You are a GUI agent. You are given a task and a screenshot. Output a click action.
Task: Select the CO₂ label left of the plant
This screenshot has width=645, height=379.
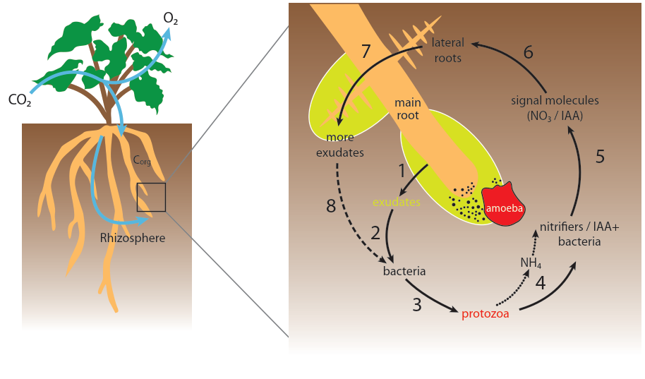coord(20,100)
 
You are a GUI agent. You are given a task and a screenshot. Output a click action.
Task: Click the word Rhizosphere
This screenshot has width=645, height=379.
coord(133,238)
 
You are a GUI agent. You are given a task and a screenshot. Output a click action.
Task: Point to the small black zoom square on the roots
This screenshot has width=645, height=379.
coord(151,197)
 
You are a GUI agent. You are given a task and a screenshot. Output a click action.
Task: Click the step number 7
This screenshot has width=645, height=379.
coord(366,52)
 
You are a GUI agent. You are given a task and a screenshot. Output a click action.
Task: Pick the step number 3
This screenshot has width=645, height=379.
coord(417,304)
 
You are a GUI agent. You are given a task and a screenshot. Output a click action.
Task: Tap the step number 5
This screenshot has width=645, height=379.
coord(600,156)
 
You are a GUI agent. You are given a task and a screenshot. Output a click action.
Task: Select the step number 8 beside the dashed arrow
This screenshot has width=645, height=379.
coord(331,206)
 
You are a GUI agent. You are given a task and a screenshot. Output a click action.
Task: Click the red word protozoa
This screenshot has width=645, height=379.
coord(486,314)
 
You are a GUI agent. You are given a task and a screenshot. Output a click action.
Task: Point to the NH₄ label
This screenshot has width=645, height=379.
coord(531,263)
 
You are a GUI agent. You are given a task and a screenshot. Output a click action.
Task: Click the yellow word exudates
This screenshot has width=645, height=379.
coord(397,203)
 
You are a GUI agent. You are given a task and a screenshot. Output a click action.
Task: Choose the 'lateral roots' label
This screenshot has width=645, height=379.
coord(447,51)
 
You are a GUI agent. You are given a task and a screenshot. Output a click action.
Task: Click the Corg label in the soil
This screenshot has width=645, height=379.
coord(142,160)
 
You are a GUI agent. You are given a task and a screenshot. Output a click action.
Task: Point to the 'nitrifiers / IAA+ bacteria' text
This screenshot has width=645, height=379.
coord(569,234)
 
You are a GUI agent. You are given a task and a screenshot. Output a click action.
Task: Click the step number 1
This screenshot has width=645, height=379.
coord(402,170)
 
